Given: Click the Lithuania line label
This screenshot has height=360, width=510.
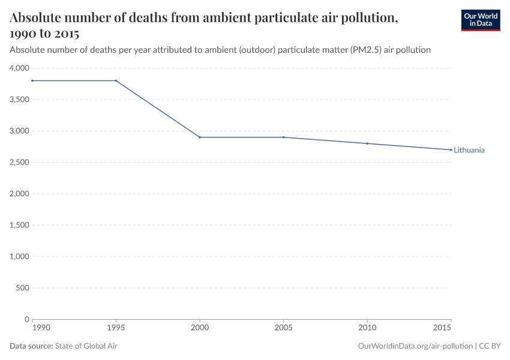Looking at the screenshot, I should (469, 150).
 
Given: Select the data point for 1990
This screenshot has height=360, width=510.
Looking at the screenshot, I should (32, 80).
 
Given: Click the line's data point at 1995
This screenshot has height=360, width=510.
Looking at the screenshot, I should (116, 80).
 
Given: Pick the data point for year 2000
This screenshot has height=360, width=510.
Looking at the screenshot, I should (200, 137).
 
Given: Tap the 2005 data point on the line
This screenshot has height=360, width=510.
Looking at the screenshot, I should (284, 137).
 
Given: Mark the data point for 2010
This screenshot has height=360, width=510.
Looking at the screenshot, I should (367, 143).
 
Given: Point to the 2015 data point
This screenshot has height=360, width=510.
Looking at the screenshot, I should (451, 150).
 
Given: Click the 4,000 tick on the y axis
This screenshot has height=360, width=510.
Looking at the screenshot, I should (19, 68).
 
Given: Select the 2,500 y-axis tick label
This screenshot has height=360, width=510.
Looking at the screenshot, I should (19, 163).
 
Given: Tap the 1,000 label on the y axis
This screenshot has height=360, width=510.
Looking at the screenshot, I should (19, 257).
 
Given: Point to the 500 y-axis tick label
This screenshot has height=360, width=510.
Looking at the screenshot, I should (22, 288).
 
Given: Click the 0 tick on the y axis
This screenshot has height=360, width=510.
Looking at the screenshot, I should (26, 319).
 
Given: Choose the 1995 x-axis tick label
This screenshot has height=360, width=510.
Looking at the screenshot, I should (116, 328).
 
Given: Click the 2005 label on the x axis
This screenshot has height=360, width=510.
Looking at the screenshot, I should (284, 328).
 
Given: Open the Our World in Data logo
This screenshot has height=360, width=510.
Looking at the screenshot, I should (480, 20).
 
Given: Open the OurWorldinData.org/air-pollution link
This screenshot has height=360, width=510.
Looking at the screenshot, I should (415, 346).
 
